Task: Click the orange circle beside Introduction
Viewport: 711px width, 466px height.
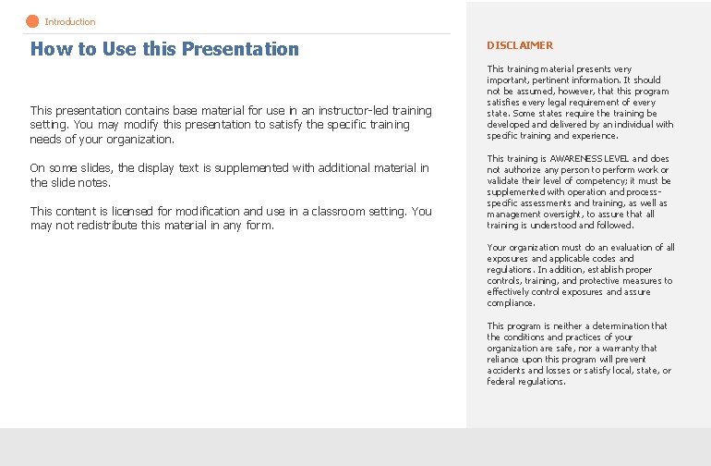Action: (x=33, y=21)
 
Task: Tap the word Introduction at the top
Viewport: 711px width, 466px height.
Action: (x=70, y=21)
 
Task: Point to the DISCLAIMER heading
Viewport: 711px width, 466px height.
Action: (x=520, y=45)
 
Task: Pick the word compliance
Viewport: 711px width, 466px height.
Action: (x=511, y=303)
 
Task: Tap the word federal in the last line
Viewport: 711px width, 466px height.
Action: (x=501, y=382)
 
